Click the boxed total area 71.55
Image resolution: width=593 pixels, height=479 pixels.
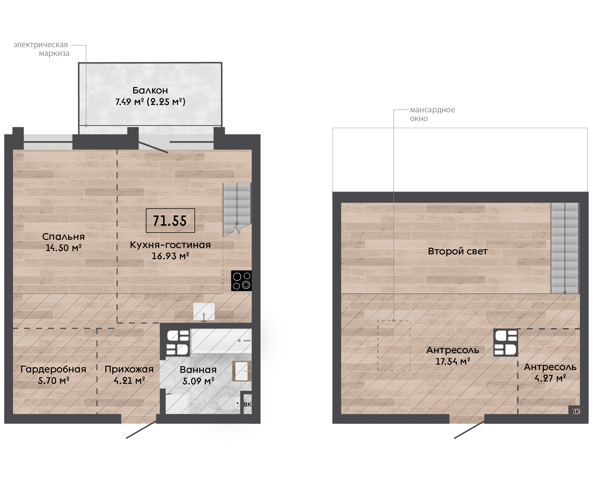170,221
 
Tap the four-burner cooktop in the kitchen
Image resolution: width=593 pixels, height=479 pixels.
241,281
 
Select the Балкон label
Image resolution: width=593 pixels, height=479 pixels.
150,90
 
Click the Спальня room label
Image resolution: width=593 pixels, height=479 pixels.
63,236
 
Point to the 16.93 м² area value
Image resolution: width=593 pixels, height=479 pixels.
170,256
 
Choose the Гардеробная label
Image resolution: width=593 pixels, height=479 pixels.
54,369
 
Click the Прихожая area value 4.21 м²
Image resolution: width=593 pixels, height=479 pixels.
129,381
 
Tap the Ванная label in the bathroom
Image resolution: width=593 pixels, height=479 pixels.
198,370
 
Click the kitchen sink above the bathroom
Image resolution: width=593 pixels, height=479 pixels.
204,312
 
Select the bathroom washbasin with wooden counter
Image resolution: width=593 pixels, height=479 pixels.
241,371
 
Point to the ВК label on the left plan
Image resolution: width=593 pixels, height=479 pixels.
248,404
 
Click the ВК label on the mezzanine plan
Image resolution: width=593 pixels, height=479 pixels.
576,411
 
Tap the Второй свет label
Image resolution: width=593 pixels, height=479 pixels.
458,251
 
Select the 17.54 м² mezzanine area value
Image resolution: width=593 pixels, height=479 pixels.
453,362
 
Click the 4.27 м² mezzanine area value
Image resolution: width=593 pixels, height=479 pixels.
550,378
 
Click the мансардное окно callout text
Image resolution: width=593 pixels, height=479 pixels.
432,114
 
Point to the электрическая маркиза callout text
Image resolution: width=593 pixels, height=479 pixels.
41,49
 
